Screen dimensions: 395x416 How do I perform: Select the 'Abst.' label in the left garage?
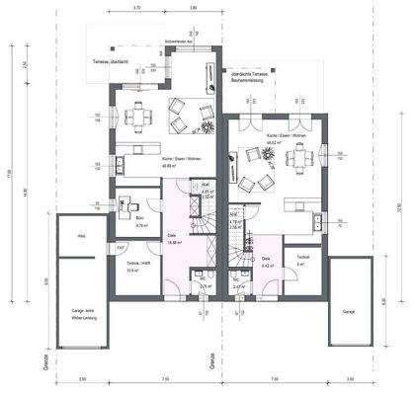(x=83, y=236)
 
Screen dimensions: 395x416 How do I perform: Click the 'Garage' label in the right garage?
(x=348, y=310)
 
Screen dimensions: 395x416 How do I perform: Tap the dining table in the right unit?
(x=304, y=154)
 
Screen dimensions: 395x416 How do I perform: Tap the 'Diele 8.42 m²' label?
(x=267, y=264)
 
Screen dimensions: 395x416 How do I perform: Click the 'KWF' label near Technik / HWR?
(x=121, y=247)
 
